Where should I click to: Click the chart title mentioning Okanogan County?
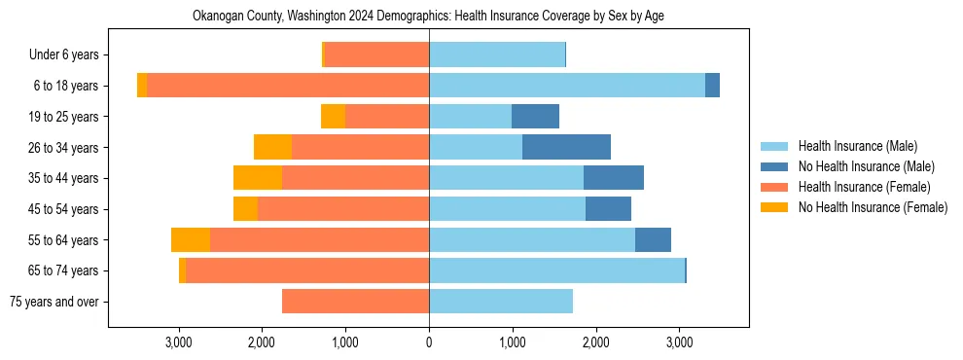pos(429,17)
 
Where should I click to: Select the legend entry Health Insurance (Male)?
pos(857,146)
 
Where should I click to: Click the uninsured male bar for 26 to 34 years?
pos(566,147)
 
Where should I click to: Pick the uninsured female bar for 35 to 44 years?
pos(258,178)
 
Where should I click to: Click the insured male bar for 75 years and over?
pos(501,302)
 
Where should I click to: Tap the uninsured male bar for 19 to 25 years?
pos(535,117)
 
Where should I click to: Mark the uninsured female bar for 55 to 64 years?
pos(191,239)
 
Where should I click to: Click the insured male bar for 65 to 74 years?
pos(556,270)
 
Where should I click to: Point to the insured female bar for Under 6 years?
pos(376,54)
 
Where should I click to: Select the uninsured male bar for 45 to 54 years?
pos(608,209)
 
